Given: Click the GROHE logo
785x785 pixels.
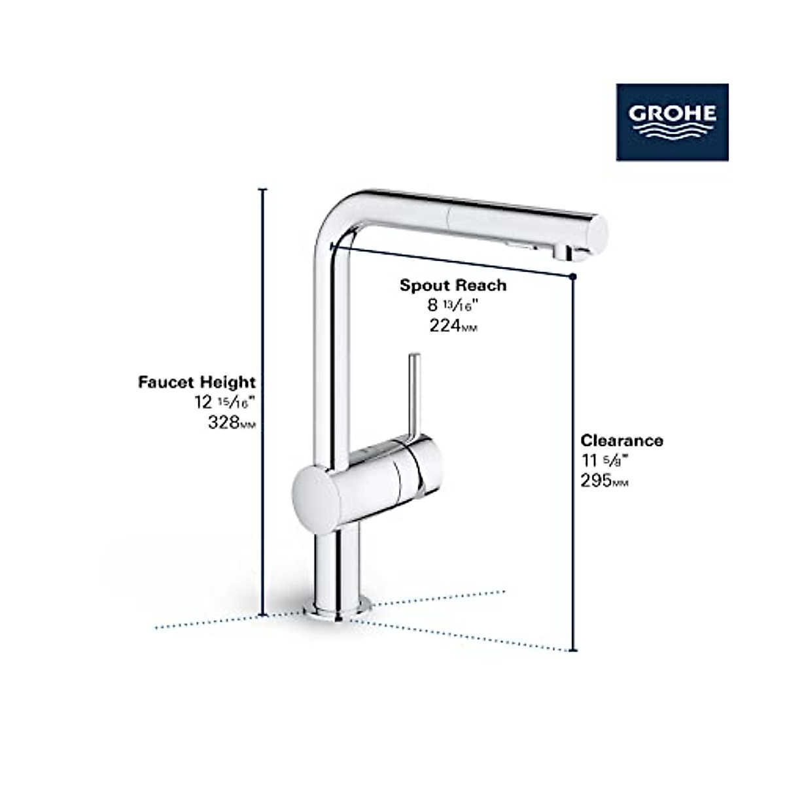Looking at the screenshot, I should tap(672, 122).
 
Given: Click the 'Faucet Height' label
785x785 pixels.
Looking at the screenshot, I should tap(197, 382).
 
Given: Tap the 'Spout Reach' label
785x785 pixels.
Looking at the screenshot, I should tap(453, 285).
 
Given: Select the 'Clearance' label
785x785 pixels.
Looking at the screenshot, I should tap(621, 440).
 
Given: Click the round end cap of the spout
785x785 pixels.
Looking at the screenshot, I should tap(598, 233).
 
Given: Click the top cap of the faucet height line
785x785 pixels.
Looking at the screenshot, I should tap(264, 189).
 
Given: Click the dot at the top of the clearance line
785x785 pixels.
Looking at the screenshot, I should tap(573, 277).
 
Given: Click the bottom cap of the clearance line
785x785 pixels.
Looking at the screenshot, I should tap(574, 651).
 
